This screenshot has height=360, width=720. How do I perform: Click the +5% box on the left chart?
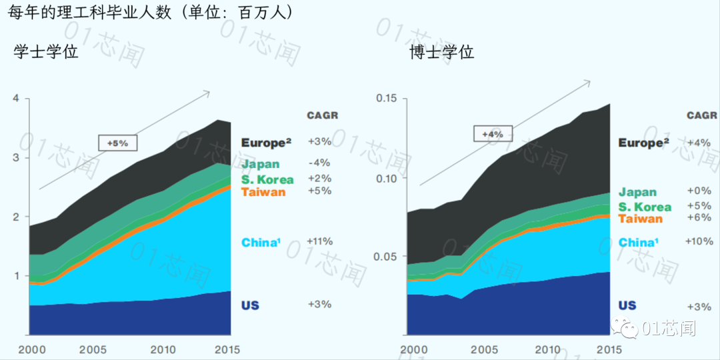[x=117, y=143]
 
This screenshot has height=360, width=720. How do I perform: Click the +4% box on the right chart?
[x=493, y=134]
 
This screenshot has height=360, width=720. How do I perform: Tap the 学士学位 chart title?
[x=46, y=51]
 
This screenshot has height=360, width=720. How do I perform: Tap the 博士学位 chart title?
[x=442, y=52]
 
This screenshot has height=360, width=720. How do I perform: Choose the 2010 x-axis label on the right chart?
[x=548, y=349]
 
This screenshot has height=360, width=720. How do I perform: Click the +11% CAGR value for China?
[x=319, y=241]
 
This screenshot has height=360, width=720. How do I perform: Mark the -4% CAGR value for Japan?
[x=319, y=163]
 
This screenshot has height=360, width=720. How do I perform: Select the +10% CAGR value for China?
[x=699, y=241]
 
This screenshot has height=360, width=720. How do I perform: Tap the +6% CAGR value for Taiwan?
[x=699, y=218]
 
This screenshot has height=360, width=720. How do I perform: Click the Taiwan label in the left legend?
[x=263, y=192]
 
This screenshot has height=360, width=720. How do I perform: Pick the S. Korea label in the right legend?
[x=645, y=207]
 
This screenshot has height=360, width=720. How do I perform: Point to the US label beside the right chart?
[x=627, y=305]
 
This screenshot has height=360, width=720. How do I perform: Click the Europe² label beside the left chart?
[x=267, y=143]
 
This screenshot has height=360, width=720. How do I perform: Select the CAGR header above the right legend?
[x=702, y=115]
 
